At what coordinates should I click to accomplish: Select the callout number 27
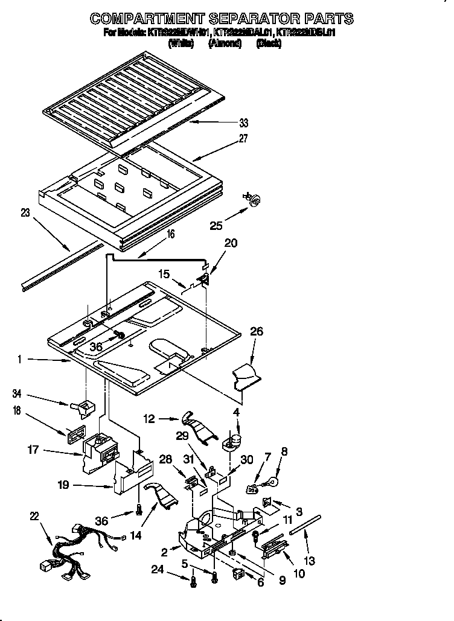244,138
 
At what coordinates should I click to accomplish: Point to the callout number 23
24,212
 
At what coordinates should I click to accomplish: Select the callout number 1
20,360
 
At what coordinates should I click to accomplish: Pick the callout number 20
231,243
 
